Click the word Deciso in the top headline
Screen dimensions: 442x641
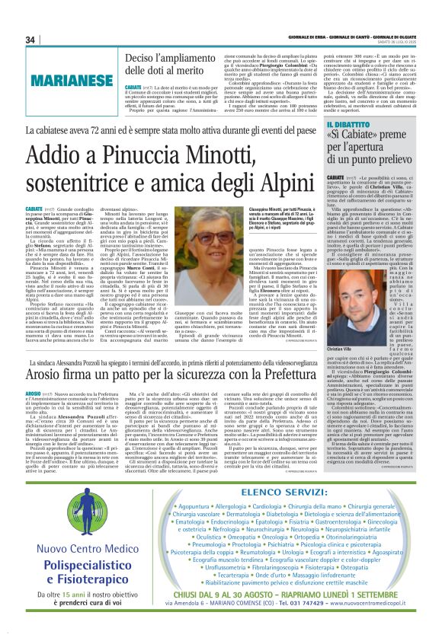(145, 59)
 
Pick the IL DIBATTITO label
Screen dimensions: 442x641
(353, 124)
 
